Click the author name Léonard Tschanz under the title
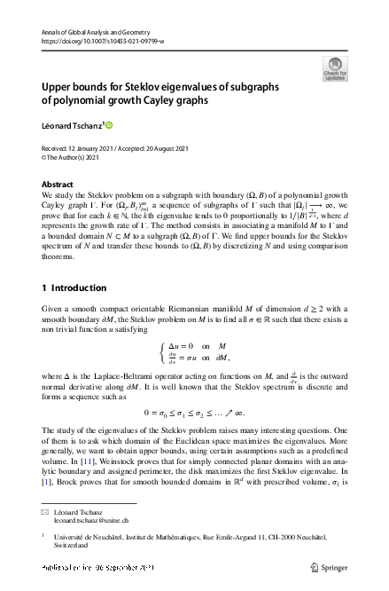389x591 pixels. pos(72,124)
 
